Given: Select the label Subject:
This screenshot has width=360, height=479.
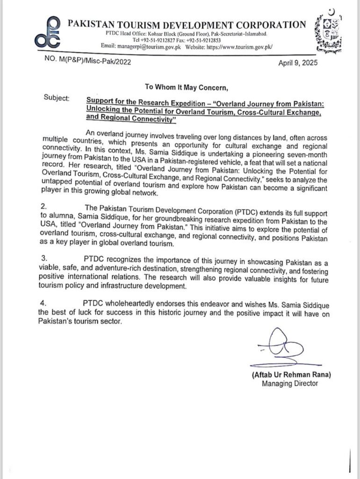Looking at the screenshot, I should [57, 99].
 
